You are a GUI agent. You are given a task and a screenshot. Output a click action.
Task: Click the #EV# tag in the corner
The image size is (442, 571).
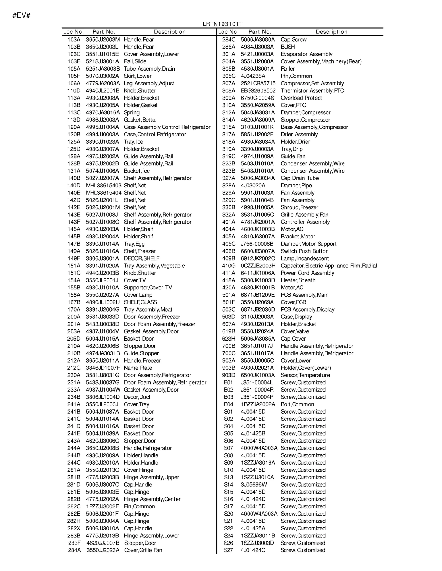[x=21, y=15]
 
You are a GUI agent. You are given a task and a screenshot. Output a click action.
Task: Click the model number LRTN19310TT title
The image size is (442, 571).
[x=223, y=24]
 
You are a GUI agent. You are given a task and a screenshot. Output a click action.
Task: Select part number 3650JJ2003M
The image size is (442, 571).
[x=103, y=40]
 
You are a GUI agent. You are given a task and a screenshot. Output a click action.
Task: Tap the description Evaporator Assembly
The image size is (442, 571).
[x=306, y=54]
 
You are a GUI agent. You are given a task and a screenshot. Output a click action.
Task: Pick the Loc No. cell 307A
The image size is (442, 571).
[x=228, y=84]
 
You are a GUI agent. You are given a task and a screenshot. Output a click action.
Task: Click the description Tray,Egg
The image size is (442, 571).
[x=134, y=244]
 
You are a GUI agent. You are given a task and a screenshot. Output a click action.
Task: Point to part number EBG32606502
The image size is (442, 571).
[x=258, y=91]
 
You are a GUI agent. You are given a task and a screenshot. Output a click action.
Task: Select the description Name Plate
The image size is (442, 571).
[x=138, y=368]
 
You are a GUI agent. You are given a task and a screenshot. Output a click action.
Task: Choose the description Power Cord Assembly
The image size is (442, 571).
[x=307, y=273]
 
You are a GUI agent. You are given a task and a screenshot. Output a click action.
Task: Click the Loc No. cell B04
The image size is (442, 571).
[x=228, y=404]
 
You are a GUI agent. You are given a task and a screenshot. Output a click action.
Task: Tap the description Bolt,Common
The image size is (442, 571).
[x=297, y=404]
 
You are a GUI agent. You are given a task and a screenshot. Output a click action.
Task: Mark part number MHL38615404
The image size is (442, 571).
[x=104, y=193]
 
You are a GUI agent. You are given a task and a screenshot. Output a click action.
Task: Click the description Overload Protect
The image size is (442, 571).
[x=301, y=98]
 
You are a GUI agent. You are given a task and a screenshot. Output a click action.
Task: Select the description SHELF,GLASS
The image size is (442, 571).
[x=140, y=302]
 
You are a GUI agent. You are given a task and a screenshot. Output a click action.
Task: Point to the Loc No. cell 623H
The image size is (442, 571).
[x=228, y=339]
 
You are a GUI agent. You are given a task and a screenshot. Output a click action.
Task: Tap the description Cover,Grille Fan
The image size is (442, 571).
[x=143, y=550]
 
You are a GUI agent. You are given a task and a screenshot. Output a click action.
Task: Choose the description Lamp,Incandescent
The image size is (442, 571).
[x=305, y=258]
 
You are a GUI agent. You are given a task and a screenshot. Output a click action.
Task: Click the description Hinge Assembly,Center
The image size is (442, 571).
[x=152, y=499]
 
